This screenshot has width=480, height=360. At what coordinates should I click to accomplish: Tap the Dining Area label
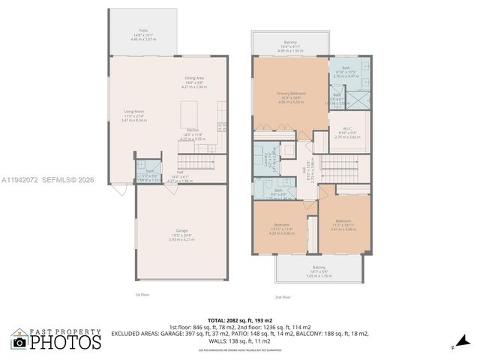195,82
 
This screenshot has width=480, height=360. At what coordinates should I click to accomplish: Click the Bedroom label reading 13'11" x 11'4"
283,228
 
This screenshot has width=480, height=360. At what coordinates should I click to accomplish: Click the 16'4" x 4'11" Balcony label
290,45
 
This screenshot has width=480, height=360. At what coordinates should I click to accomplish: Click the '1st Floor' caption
142,295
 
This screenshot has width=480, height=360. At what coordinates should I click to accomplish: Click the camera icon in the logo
19,342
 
